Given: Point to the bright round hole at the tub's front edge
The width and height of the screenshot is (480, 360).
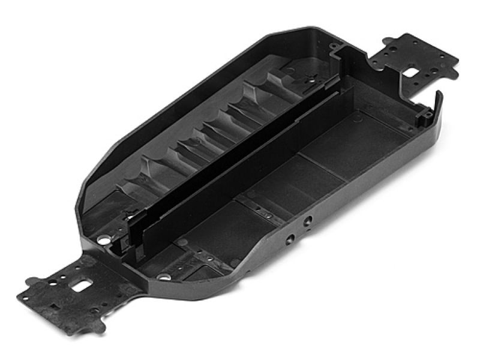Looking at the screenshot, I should coord(163,277).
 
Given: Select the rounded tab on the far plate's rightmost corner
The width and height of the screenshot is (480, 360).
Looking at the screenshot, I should coord(451,60).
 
